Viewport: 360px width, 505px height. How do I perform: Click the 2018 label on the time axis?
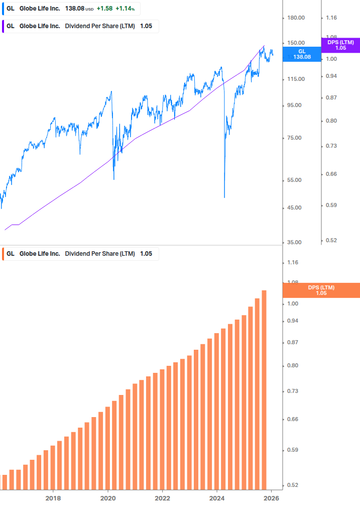(x=53, y=498)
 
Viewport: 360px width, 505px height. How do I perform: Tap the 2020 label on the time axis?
(x=108, y=498)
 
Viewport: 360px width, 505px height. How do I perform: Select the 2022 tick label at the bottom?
(x=162, y=498)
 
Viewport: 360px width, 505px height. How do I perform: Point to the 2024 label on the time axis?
(x=217, y=498)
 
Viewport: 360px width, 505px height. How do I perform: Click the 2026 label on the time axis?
(x=271, y=498)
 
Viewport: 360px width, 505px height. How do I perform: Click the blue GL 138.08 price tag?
(x=302, y=54)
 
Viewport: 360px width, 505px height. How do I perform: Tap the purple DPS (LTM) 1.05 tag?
(x=340, y=45)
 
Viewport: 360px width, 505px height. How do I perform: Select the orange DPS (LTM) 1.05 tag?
(x=321, y=290)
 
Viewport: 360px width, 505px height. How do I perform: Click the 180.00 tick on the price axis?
(x=296, y=18)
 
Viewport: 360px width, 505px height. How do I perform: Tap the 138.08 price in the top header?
(x=74, y=9)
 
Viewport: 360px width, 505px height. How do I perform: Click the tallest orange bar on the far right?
(x=264, y=389)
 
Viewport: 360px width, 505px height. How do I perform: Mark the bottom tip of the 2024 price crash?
(x=224, y=197)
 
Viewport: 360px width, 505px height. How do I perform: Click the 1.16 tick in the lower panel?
(x=293, y=262)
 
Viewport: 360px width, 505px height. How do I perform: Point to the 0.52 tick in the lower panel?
(x=293, y=485)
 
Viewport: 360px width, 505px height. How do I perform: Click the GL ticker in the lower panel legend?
(x=10, y=254)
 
